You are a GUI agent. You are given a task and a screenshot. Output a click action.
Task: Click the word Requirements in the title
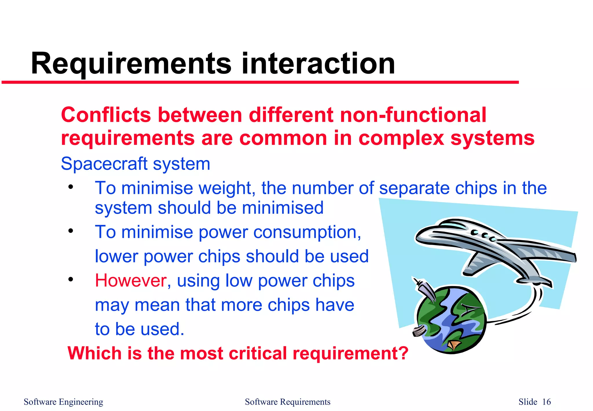[x=131, y=64]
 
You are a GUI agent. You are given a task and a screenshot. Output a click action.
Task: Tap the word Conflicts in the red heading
[x=106, y=115]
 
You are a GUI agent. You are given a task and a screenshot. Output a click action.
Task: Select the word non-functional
[x=413, y=115]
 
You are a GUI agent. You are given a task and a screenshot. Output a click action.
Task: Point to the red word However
[x=131, y=281]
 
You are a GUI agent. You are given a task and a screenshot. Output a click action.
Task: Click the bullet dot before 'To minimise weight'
[x=71, y=187]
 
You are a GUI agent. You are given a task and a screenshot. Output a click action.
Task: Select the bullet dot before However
[x=71, y=279]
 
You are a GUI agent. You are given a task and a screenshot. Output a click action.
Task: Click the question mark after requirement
[x=403, y=353]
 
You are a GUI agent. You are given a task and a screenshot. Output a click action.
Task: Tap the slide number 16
[x=546, y=402]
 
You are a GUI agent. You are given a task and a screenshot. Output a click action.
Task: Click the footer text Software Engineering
[x=63, y=402]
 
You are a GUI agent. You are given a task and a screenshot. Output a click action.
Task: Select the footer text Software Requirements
[x=288, y=402]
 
